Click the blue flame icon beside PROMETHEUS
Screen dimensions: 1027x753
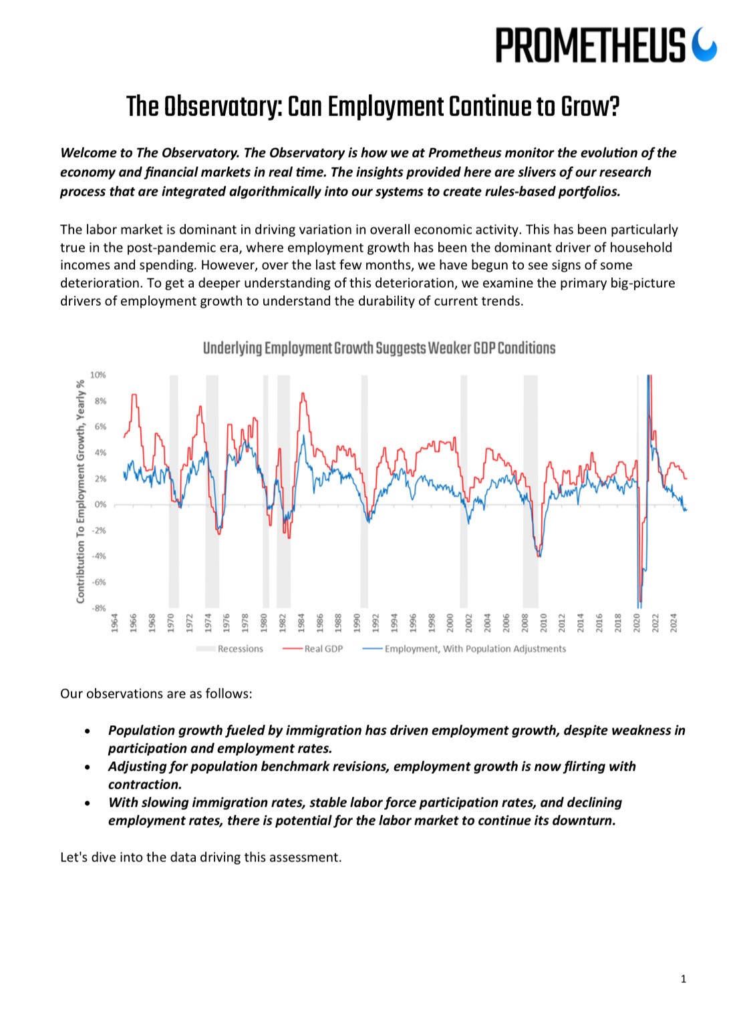coord(704,45)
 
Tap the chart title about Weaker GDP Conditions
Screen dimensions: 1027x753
coord(379,348)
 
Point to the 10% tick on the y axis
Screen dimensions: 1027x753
coord(98,375)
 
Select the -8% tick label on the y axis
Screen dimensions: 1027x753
coord(98,608)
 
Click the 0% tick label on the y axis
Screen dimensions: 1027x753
coord(100,505)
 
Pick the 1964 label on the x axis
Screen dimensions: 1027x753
coord(115,622)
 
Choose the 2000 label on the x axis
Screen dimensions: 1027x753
coord(450,622)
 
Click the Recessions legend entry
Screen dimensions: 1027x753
coord(240,648)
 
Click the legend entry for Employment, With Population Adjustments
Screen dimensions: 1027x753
coord(474,648)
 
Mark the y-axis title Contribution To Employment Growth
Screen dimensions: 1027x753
coord(80,491)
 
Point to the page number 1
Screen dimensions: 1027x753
coord(683,979)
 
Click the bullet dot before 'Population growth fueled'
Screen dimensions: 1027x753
coord(88,731)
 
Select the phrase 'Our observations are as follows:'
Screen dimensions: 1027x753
coord(156,694)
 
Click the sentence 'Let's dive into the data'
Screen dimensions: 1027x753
coord(200,857)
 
